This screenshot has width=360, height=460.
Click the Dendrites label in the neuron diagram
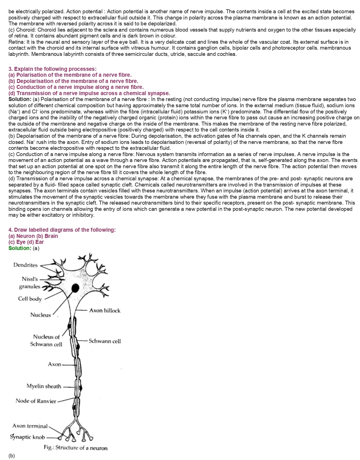click(x=25, y=265)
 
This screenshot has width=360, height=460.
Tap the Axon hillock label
click(x=105, y=310)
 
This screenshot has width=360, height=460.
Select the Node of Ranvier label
click(x=36, y=401)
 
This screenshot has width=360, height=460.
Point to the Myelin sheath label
click(x=44, y=386)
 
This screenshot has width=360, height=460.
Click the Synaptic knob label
click(x=27, y=437)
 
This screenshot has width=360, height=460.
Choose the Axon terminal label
click(x=30, y=426)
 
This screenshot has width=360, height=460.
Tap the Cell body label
click(x=30, y=299)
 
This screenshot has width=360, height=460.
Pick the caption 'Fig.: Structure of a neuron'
click(x=76, y=448)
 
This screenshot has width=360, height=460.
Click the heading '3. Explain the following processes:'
click(x=52, y=69)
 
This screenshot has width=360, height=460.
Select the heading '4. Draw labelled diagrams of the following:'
click(x=62, y=230)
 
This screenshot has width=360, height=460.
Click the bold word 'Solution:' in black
click(x=20, y=99)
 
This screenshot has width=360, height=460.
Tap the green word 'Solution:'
click(x=20, y=248)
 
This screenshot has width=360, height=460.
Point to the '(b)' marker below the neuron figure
click(x=12, y=455)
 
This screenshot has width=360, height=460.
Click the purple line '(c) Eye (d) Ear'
click(x=26, y=242)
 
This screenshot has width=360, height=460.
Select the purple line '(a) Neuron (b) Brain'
click(x=33, y=236)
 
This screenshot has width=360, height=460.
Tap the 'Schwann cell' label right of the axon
click(x=105, y=341)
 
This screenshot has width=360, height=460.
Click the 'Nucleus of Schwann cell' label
click(x=46, y=340)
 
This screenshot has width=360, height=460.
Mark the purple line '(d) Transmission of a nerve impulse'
click(x=89, y=93)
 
